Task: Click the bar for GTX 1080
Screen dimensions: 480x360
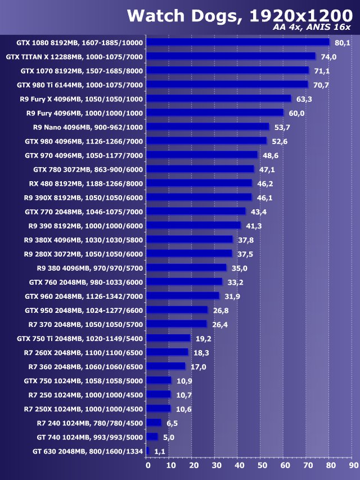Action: coord(238,42)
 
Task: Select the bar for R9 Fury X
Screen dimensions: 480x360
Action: coord(219,98)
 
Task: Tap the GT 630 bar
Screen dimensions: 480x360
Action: coord(148,451)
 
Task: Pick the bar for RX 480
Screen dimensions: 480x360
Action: coord(200,183)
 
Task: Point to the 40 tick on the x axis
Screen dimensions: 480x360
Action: coord(239,465)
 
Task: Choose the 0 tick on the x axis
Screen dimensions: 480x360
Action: coord(148,465)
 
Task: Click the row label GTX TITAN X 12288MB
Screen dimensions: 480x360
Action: coord(75,57)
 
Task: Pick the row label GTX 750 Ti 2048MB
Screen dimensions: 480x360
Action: coord(80,339)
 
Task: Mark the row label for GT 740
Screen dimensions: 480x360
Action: coord(89,437)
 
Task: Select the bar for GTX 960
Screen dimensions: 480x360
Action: coord(183,296)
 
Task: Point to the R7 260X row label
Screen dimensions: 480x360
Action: coord(84,353)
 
